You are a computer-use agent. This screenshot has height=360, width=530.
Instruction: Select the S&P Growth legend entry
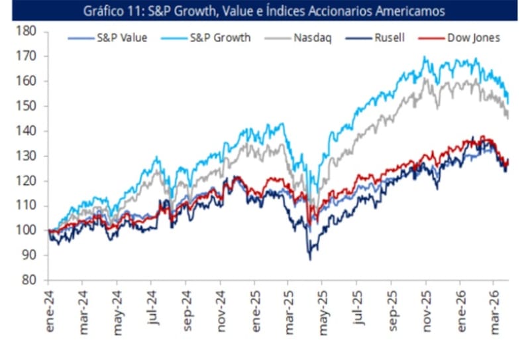click(212, 38)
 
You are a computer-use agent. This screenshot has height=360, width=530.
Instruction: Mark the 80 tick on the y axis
click(29, 280)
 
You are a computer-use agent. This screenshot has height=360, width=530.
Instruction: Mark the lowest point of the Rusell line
click(309, 259)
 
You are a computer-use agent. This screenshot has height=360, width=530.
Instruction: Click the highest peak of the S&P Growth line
click(424, 57)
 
